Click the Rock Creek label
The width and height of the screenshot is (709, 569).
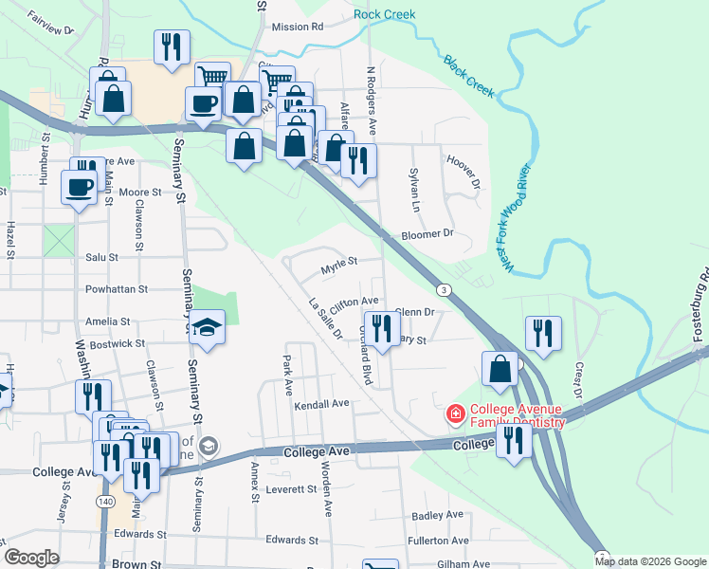384,14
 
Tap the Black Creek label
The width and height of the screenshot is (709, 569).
468,75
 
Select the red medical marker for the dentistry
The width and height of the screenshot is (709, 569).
456,415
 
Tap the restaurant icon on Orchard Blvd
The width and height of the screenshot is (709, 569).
381,329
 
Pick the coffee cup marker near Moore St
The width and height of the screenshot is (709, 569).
79,185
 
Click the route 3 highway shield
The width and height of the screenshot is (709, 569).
443,288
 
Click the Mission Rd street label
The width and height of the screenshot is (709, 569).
297,28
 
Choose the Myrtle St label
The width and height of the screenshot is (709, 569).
338,265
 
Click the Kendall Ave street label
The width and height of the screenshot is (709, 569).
321,404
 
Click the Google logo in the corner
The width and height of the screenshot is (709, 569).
31,558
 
